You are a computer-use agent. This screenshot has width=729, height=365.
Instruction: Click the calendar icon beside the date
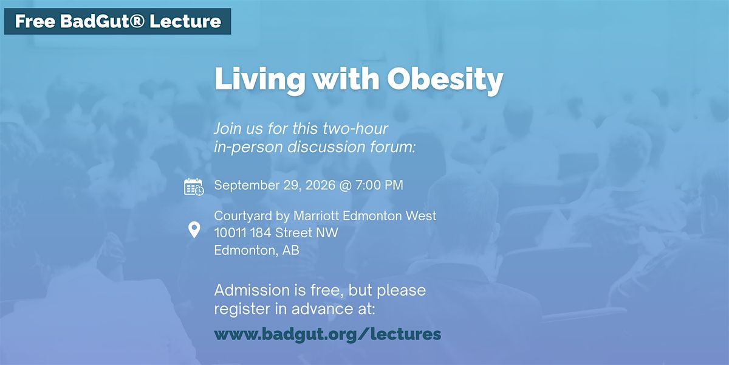coord(194,187)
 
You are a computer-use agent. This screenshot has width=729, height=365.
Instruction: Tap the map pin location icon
coord(194,230)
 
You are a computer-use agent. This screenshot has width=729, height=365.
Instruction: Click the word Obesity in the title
coord(445,80)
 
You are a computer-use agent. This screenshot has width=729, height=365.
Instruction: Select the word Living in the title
coord(260,80)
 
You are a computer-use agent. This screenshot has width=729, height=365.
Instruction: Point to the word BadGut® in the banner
coord(102,21)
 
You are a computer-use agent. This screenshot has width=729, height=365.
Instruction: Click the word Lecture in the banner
coord(185,21)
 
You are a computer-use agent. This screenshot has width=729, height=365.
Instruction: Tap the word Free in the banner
coord(35,21)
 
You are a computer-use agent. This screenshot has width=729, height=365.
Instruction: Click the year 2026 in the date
coord(320,185)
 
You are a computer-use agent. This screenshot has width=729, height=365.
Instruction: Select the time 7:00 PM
coord(379,185)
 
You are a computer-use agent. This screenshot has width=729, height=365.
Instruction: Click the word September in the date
coord(247,186)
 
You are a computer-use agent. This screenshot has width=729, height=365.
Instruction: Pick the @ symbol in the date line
coord(345,186)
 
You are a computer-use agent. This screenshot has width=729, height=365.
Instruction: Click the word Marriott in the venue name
coord(317,216)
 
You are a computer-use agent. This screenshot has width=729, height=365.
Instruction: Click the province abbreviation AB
coord(290,250)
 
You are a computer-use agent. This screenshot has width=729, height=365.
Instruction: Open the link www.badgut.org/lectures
coord(327,335)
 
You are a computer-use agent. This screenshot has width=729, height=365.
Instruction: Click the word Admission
coord(252,290)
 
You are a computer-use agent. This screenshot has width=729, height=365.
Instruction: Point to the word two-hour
coord(355,128)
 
